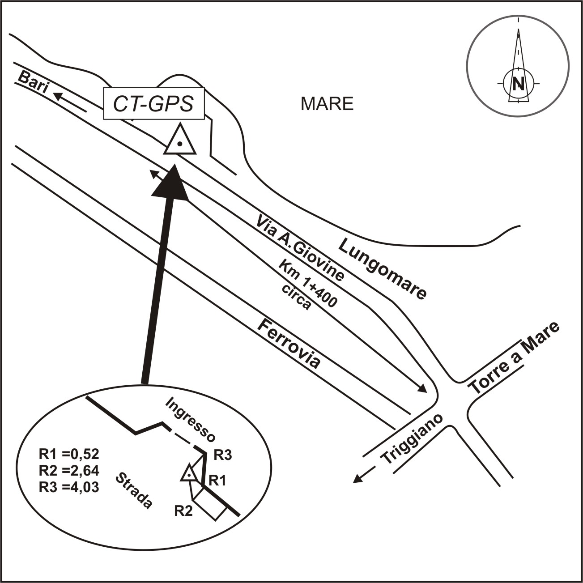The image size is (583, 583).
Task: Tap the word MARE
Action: point(327,104)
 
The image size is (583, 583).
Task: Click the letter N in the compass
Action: point(518,84)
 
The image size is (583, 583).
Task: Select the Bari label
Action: point(32,83)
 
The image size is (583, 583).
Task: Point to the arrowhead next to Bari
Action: point(57,94)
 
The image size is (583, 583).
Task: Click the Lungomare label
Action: point(382,268)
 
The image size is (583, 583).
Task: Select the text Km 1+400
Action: point(308,284)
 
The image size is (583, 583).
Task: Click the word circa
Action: point(296,296)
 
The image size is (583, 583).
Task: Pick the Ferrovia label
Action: point(289,343)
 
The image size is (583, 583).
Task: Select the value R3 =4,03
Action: point(68,486)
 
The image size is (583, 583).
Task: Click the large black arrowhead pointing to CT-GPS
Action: point(170,183)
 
